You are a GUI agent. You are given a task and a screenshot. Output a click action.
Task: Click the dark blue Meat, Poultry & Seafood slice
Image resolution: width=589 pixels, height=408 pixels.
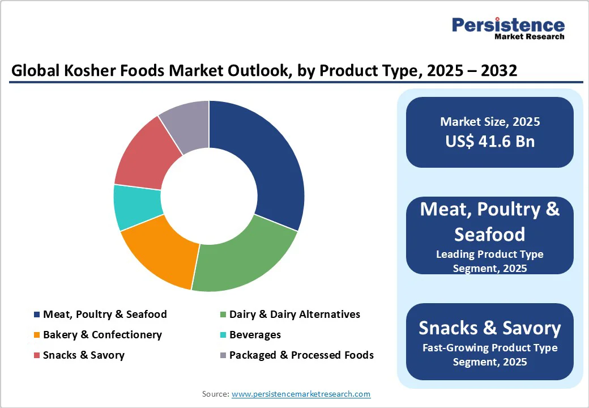click(x=266, y=164)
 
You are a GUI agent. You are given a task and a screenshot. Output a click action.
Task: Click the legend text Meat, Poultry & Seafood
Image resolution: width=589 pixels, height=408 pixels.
click(x=105, y=314)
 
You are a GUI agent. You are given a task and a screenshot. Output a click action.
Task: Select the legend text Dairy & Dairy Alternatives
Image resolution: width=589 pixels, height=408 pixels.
click(x=294, y=314)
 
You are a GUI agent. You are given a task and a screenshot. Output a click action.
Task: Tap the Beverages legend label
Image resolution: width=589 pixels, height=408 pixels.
click(x=255, y=335)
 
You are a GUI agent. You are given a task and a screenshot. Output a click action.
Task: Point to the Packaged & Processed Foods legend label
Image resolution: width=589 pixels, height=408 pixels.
click(x=301, y=355)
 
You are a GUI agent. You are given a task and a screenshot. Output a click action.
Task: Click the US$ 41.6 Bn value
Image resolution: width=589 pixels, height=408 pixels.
click(x=490, y=141)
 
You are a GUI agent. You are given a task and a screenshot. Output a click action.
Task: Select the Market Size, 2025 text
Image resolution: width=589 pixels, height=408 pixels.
click(x=490, y=122)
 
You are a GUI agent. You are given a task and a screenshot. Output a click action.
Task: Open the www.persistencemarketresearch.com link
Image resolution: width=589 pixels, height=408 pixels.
click(x=301, y=394)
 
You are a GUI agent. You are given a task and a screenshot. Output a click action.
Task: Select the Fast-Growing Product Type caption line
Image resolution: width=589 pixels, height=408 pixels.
click(x=490, y=348)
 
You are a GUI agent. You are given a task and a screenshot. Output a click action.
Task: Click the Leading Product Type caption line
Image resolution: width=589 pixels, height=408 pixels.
click(x=490, y=254)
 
